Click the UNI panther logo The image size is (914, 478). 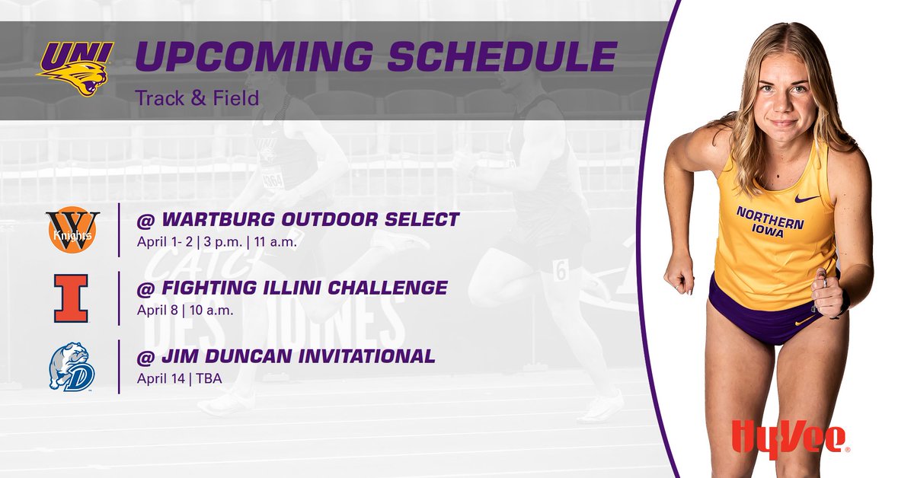[75, 68]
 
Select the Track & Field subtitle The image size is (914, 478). [197, 98]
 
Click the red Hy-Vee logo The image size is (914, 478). [789, 441]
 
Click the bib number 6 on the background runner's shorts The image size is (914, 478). [561, 269]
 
